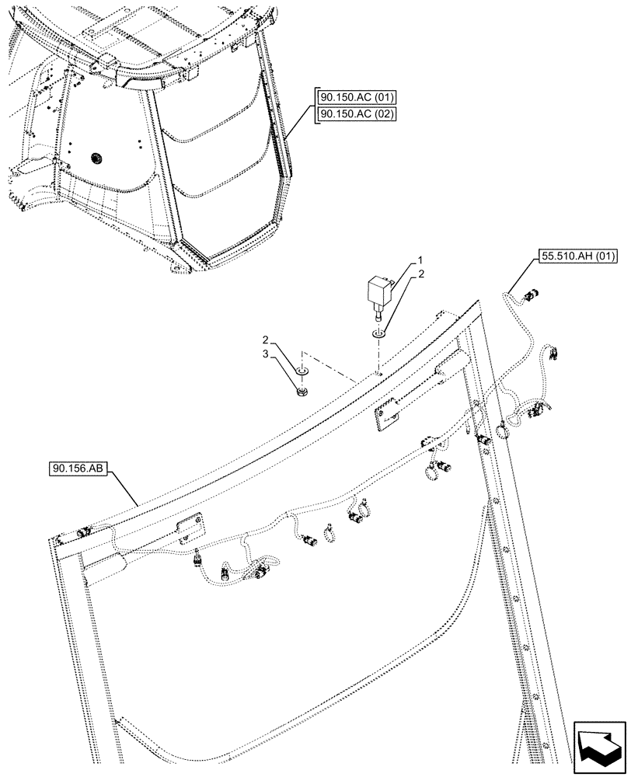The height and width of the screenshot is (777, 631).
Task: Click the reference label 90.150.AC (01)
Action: click(357, 97)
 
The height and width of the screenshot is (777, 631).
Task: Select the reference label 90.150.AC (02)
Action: click(357, 114)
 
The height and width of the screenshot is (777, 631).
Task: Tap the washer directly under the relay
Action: click(378, 334)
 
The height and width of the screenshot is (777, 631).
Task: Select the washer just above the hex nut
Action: click(302, 370)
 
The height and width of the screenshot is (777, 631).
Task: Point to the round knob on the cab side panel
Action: click(97, 158)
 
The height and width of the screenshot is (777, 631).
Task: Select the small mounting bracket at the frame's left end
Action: click(188, 528)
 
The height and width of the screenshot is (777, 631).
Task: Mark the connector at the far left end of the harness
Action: click(83, 532)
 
